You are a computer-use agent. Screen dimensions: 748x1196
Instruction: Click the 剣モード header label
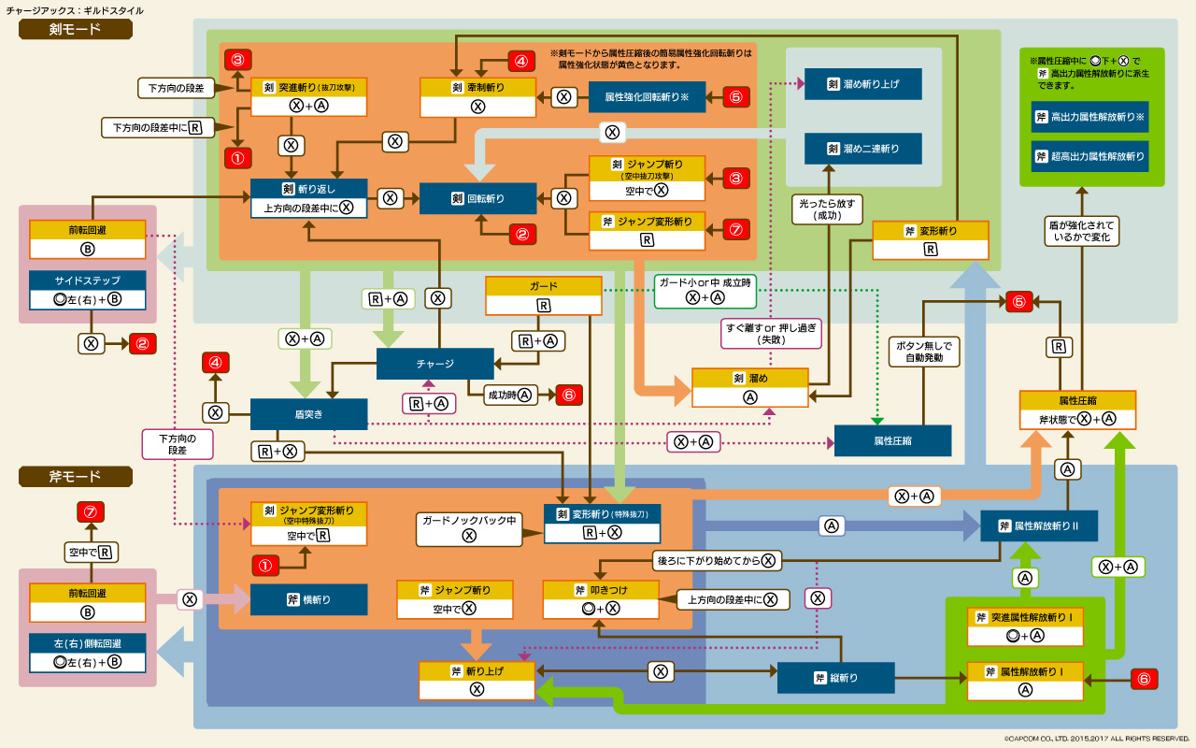pyautogui.click(x=76, y=30)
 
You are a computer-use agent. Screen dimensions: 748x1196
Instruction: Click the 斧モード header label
pyautogui.click(x=76, y=477)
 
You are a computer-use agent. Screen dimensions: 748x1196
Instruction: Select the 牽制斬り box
pyautogui.click(x=477, y=87)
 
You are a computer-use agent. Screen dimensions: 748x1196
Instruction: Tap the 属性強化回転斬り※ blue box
pyautogui.click(x=647, y=96)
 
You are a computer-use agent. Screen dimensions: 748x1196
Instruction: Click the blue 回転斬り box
pyautogui.click(x=477, y=198)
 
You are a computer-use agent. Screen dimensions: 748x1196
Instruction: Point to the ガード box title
pyautogui.click(x=543, y=286)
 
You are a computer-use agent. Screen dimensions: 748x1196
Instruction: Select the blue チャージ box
pyautogui.click(x=434, y=364)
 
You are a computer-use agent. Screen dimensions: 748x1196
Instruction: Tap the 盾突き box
pyautogui.click(x=308, y=413)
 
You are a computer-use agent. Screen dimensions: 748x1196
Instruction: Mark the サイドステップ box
pyautogui.click(x=88, y=279)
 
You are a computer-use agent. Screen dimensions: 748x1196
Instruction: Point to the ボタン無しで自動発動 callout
pyautogui.click(x=923, y=351)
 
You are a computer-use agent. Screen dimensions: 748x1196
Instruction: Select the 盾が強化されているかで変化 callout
pyautogui.click(x=1081, y=230)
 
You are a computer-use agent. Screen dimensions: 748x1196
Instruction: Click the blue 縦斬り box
pyautogui.click(x=835, y=678)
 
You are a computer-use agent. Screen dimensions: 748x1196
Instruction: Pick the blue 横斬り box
pyautogui.click(x=308, y=599)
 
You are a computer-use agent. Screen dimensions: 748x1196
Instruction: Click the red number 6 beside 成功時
pyautogui.click(x=569, y=395)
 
